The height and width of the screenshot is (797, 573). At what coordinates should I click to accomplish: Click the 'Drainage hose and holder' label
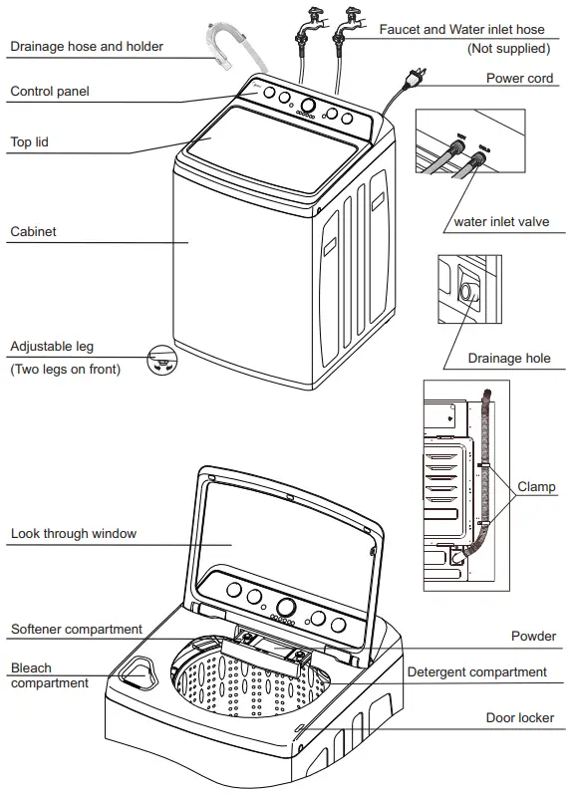[87, 46]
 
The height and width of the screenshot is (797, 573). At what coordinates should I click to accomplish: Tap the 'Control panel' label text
[50, 92]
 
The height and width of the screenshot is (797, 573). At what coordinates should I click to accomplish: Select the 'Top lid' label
[29, 142]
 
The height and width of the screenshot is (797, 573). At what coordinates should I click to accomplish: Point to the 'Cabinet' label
[33, 232]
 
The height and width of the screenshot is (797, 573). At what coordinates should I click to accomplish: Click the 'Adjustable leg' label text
[52, 347]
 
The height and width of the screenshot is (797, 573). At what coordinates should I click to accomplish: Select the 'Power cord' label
[519, 78]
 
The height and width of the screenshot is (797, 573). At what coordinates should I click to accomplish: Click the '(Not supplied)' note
[508, 48]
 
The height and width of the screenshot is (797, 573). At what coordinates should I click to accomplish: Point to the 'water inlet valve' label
[501, 222]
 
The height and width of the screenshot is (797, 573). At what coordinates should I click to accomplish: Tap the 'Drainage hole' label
[509, 359]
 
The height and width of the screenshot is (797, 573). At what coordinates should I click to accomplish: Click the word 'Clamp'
[536, 488]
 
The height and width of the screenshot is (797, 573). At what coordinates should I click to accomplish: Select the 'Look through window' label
[74, 534]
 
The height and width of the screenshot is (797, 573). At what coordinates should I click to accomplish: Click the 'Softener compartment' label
[77, 630]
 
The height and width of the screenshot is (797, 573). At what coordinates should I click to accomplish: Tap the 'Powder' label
[533, 636]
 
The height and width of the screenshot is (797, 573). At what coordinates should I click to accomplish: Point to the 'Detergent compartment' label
[476, 672]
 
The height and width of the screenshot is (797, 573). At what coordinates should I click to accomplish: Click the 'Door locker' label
[520, 717]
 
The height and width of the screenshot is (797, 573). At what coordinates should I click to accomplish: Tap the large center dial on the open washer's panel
[286, 607]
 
